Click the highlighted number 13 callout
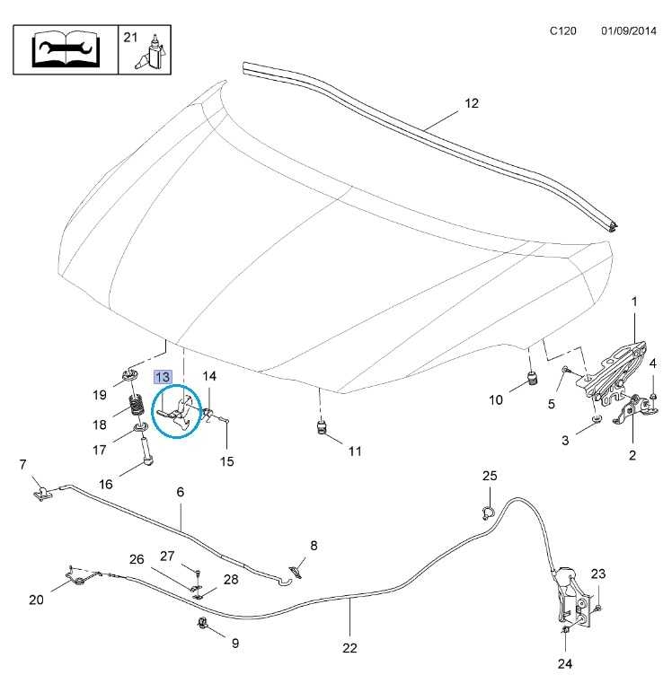click(x=164, y=377)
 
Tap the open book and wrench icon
click(x=66, y=51)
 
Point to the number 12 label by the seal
click(x=472, y=103)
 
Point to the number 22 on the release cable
click(x=349, y=647)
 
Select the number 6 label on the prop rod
click(x=180, y=492)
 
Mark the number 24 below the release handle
click(x=563, y=664)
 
